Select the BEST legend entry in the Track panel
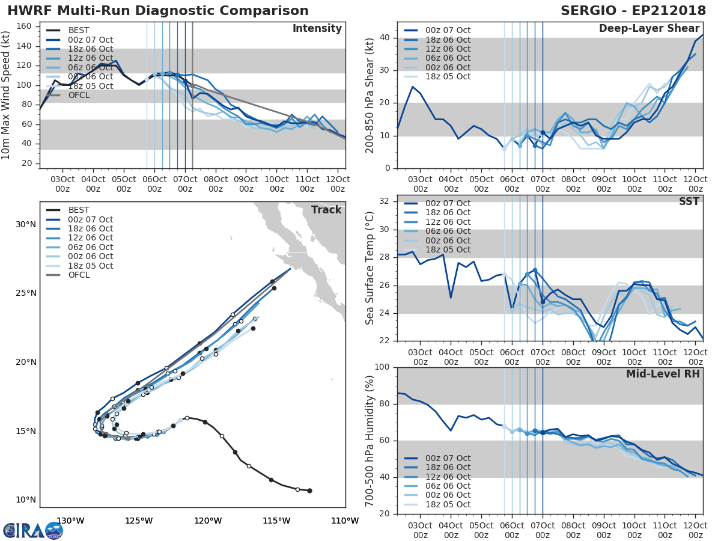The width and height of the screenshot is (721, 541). coord(78,210)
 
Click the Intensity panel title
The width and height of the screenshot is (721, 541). coord(317,29)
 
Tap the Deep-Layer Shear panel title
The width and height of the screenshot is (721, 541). coord(649,29)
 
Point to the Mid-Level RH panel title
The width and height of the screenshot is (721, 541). coord(663,374)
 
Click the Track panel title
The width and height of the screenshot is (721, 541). coord(326,210)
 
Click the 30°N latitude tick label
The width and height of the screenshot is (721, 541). coord(26,225)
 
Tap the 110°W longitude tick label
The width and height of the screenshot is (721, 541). coord(345,521)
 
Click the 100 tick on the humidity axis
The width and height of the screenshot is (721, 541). coord(382,367)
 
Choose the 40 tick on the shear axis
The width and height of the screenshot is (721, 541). coord(385,38)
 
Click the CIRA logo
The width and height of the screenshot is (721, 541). coord(33,531)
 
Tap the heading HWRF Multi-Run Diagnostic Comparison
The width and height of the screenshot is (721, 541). coord(158,11)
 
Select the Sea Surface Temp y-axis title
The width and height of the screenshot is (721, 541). coord(370,268)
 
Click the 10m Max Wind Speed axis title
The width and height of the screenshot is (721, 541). coord(7,95)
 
